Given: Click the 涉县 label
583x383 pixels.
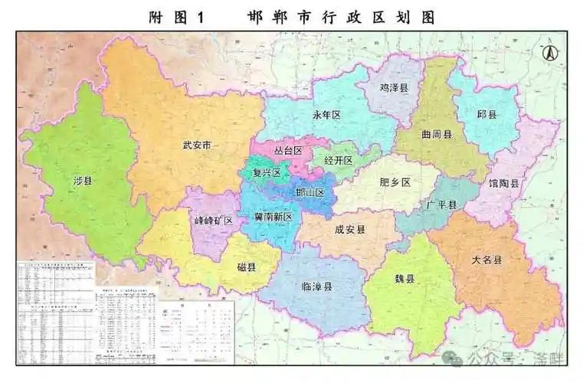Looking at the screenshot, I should (x=83, y=182).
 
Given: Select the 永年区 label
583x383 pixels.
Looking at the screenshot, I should (x=326, y=114).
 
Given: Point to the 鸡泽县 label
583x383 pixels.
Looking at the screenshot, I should (x=395, y=88).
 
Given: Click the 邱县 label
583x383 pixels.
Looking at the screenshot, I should (x=487, y=114).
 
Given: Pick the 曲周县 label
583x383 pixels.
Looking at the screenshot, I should (x=437, y=134).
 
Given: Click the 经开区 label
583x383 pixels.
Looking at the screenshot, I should (x=338, y=160).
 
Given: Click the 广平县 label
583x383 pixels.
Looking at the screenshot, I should (x=441, y=205).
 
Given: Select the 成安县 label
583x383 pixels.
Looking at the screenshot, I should (x=350, y=228).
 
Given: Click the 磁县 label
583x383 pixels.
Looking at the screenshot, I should (x=247, y=267).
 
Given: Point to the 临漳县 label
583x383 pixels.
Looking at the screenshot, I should (x=317, y=286).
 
